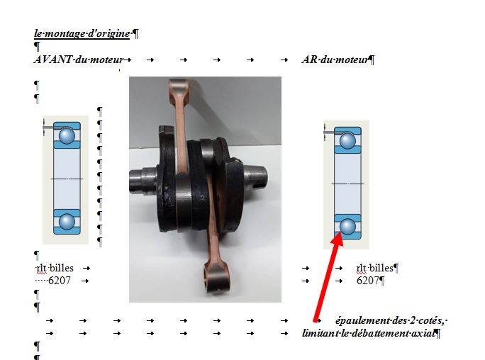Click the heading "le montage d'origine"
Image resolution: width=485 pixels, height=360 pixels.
click(82, 33)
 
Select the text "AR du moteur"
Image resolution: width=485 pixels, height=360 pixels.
click(335, 60)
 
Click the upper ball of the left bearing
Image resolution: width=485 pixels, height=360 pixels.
click(67, 135)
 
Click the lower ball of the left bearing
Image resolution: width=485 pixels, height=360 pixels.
click(67, 221)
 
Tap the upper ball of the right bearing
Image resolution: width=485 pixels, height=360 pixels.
click(347, 140)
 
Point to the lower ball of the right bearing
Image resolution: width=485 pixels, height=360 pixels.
click(347, 226)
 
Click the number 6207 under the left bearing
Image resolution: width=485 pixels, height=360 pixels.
click(60, 281)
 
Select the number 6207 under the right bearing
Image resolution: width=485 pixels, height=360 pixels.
click(368, 281)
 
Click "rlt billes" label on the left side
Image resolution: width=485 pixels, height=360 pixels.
click(55, 268)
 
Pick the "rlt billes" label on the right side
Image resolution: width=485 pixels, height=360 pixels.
click(374, 268)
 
